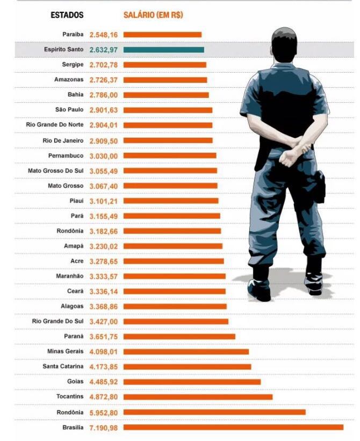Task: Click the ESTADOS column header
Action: (67, 15)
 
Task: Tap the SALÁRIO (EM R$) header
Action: (153, 15)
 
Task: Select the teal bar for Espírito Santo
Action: (163, 49)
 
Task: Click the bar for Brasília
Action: (233, 427)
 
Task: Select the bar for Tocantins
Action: (198, 397)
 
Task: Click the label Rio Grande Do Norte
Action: (55, 125)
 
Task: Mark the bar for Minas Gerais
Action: (186, 352)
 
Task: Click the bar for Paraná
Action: (179, 337)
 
